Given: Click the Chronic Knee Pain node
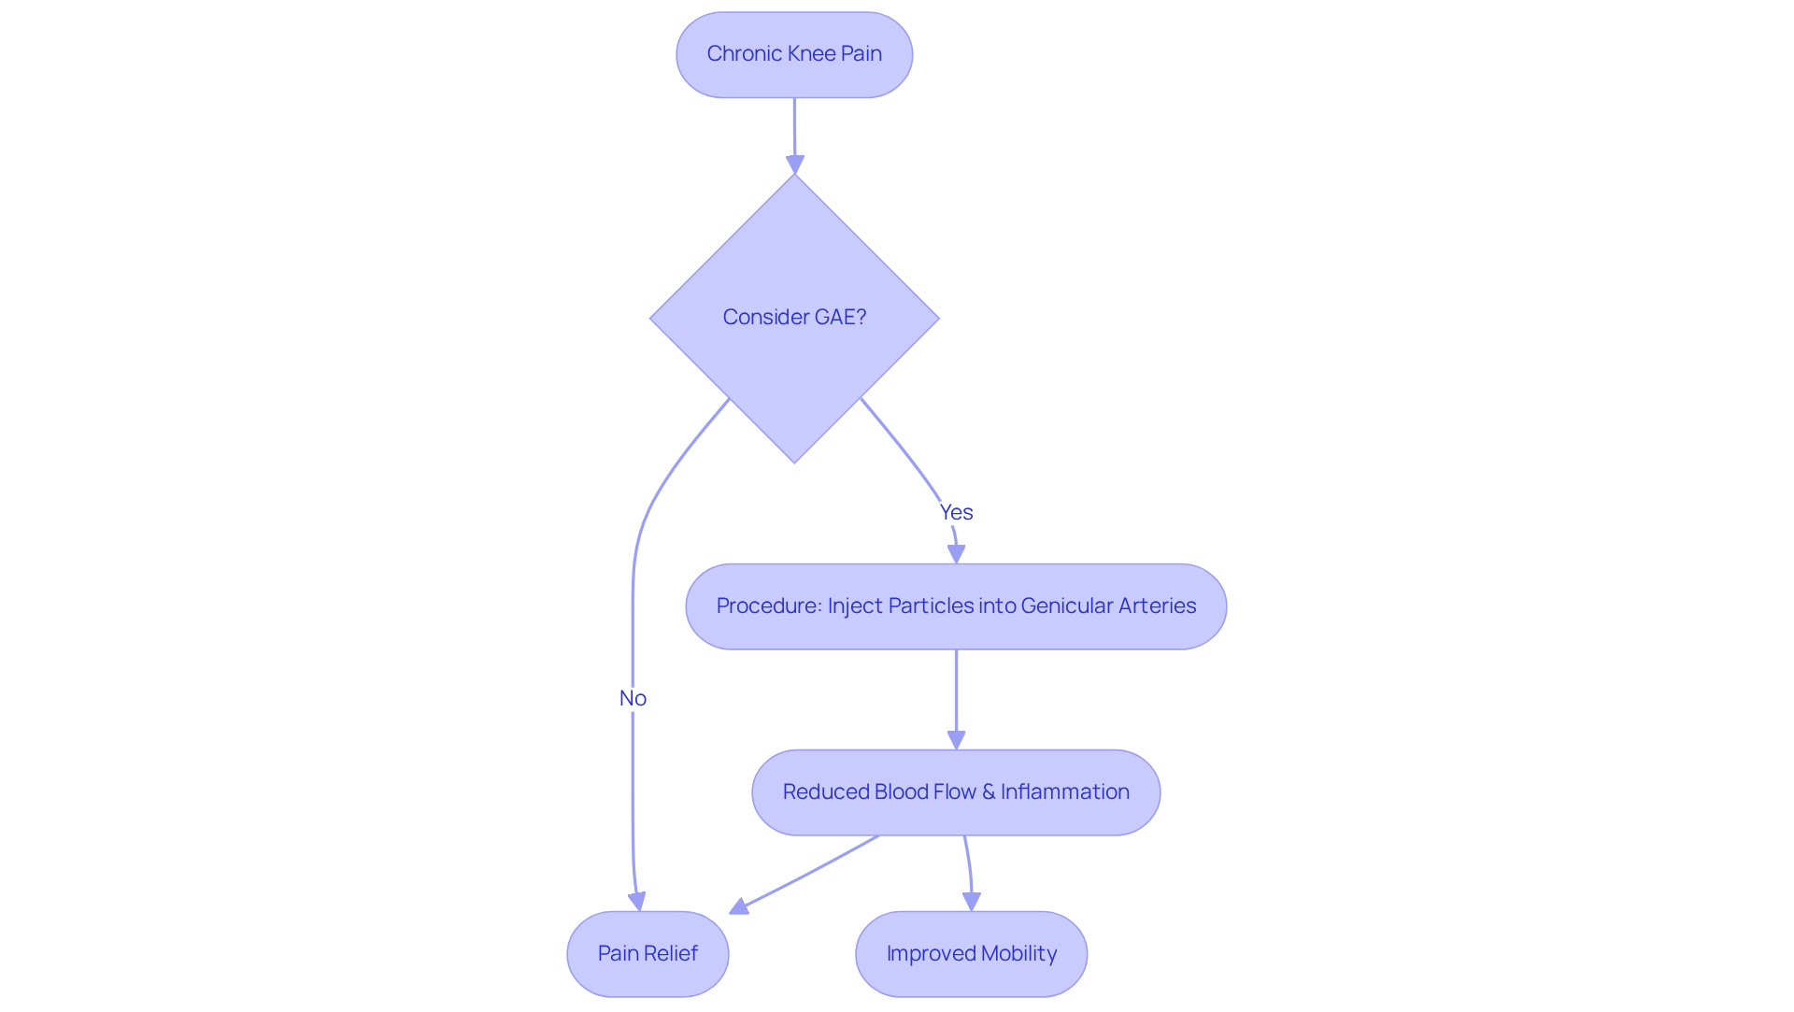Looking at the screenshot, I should point(794,54).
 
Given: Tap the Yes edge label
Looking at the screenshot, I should point(956,512).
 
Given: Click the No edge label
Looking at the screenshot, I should point(633,698).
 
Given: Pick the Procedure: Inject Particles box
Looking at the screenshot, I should point(956,606).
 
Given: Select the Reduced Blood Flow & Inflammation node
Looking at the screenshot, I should point(956,792).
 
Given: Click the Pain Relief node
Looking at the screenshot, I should point(648,954).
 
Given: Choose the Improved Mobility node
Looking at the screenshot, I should point(971,954).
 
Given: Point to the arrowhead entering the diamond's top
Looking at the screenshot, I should point(795,164).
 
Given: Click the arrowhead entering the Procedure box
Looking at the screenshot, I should point(956,554).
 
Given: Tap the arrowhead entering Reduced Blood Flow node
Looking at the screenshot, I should point(956,740).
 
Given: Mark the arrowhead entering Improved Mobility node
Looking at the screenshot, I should point(972,902).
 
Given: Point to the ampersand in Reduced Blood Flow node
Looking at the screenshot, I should point(989,792).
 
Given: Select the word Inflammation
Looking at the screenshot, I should point(1065,792).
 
